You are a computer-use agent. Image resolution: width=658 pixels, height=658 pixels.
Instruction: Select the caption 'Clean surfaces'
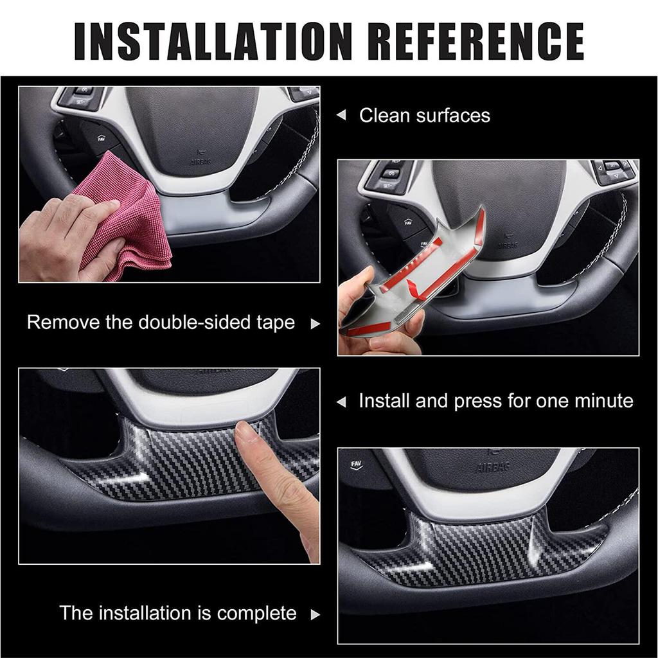tap(424, 116)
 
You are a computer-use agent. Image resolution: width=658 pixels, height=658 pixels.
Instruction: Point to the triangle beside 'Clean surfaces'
tap(342, 116)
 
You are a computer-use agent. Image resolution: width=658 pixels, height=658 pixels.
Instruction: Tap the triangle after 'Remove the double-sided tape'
tap(315, 324)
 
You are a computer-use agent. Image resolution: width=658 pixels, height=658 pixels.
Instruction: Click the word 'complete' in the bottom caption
tap(256, 613)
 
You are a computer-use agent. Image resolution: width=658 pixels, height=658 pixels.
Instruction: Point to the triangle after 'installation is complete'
tap(315, 615)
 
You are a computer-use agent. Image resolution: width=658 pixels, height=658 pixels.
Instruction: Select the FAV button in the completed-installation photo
tap(355, 464)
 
